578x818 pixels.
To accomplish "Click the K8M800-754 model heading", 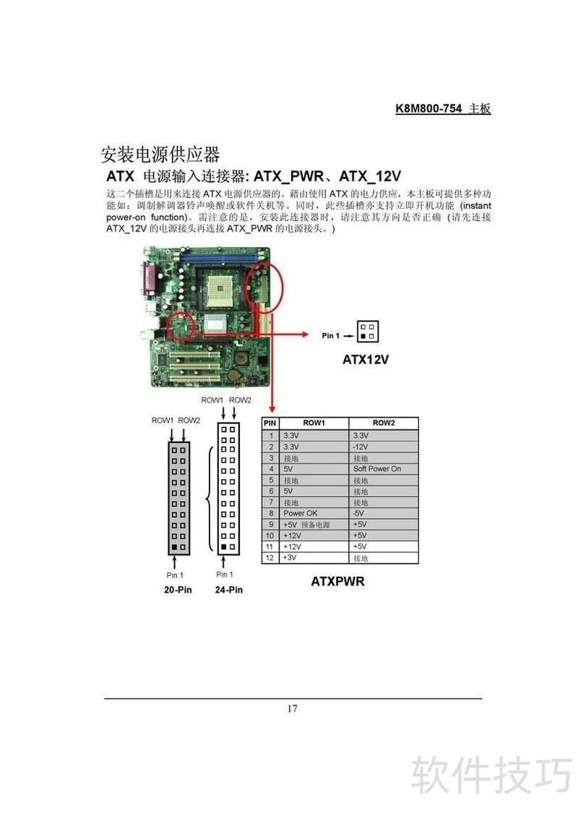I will click(x=443, y=108).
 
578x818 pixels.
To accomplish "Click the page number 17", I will click(x=292, y=708).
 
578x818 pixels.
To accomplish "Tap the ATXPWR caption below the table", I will click(x=337, y=581).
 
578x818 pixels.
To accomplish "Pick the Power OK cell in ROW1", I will click(x=301, y=513).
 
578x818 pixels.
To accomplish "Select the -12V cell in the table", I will click(x=361, y=447).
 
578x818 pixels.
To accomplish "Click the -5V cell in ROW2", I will click(x=360, y=513).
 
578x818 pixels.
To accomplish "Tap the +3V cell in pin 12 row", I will click(x=290, y=558).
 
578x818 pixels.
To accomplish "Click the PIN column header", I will click(x=270, y=423).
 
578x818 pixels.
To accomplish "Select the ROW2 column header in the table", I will click(x=383, y=423).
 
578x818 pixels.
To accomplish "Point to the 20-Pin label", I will click(x=178, y=590).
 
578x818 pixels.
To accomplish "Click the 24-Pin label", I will click(x=228, y=590).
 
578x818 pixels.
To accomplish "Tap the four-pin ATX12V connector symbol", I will click(x=367, y=331).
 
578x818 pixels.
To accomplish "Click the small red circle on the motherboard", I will click(x=180, y=326).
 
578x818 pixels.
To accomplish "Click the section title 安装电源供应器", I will click(x=160, y=155).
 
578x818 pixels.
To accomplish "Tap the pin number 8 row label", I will click(x=270, y=513).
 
